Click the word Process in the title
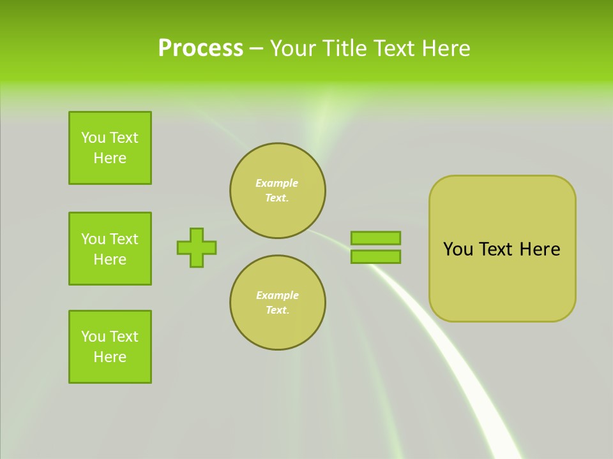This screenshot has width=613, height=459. tap(201, 48)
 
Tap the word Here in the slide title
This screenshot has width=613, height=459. tap(446, 48)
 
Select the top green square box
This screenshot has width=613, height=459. tap(110, 148)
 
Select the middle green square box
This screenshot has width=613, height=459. tap(110, 249)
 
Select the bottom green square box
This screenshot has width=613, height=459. tap(110, 347)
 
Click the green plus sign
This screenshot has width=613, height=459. tap(197, 247)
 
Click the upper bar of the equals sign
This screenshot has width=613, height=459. tap(375, 238)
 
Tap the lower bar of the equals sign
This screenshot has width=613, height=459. tap(375, 257)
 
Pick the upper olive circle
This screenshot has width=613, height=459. tap(277, 191)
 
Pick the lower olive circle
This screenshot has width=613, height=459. tap(277, 303)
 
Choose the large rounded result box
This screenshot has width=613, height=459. tap(502, 249)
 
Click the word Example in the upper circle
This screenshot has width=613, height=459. tap(276, 183)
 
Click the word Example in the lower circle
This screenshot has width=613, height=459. tap(277, 295)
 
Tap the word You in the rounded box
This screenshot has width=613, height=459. tap(458, 249)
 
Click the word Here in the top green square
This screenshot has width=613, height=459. tap(110, 158)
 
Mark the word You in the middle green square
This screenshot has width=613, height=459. tap(93, 239)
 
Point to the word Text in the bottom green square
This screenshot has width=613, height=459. tap(124, 337)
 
